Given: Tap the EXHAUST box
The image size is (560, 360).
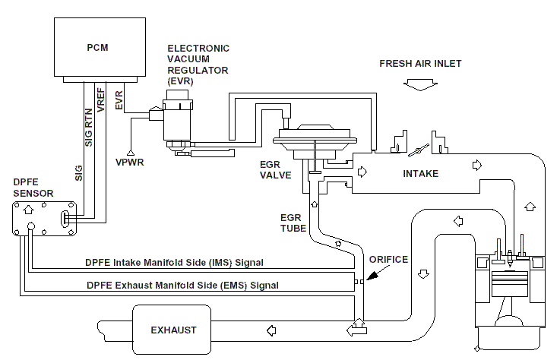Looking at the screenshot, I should pos(172,330).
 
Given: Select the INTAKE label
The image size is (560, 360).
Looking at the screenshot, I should pos(419,174).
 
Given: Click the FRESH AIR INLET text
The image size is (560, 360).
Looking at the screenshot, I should pos(420,64).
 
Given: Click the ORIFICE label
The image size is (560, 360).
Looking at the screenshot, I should pos(388,260).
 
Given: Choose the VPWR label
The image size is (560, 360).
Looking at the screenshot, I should pos(131,162).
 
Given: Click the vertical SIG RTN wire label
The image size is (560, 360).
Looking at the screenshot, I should pos(88,125).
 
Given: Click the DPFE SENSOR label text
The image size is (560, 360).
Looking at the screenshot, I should pos(33,188).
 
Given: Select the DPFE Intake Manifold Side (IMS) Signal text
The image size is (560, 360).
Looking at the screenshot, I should pos(174,263).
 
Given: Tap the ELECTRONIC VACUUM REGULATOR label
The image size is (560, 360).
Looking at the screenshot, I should pos(199,65).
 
